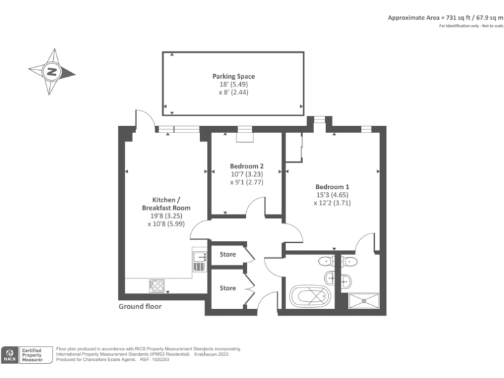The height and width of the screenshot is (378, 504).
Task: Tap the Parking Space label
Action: (234, 77)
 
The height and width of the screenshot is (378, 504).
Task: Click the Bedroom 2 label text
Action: (247, 166)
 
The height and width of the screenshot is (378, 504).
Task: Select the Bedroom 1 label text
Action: (332, 185)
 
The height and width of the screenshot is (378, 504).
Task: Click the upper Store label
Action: (228, 254)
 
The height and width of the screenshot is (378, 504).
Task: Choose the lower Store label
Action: (228, 288)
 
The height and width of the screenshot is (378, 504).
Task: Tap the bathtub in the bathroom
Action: (309, 295)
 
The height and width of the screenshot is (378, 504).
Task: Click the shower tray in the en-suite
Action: (363, 301)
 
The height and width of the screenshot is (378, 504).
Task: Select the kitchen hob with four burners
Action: (157, 285)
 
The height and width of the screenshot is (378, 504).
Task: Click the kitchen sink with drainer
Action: (199, 261)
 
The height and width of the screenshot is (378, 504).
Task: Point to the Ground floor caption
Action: (140, 306)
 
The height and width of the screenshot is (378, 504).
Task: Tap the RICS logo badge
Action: (11, 355)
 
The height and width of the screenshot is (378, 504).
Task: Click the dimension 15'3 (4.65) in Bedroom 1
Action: (332, 194)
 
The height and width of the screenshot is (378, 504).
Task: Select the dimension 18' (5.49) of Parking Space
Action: (234, 85)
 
